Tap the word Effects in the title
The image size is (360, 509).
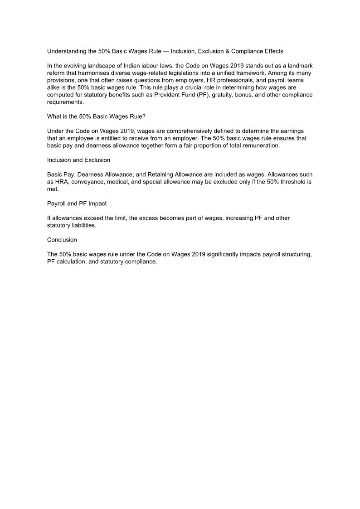[272, 51]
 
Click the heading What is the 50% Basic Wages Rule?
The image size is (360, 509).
[96, 116]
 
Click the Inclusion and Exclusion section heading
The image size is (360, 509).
[78, 160]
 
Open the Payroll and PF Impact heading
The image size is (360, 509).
[77, 204]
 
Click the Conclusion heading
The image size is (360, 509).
[62, 240]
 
